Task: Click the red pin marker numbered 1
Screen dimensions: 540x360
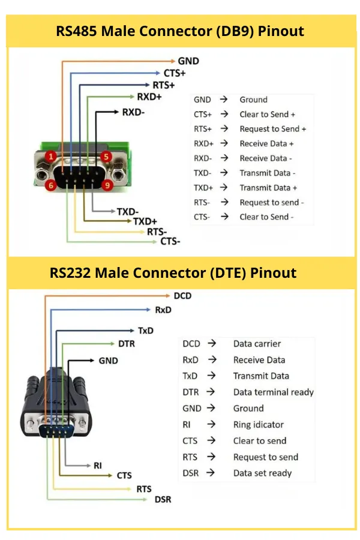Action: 52,157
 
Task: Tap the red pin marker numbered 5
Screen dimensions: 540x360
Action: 106,157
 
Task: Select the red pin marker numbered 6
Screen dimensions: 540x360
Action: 52,186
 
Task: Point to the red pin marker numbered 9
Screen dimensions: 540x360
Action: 107,186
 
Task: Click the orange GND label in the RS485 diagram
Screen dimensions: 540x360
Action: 188,61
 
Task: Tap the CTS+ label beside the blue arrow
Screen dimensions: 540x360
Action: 175,73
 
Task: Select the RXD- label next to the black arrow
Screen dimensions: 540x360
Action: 133,112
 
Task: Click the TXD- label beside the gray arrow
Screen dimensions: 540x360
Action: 128,212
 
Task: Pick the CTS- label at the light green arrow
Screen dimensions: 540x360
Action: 170,241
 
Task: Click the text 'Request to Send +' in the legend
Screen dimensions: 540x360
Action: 272,129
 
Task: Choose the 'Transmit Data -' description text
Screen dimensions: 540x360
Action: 268,173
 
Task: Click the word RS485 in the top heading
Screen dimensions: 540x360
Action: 77,31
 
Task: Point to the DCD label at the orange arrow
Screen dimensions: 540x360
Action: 182,296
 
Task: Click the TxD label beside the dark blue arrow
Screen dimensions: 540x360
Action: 146,331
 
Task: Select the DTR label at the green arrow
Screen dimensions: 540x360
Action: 127,344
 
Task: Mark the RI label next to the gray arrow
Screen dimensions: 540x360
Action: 98,465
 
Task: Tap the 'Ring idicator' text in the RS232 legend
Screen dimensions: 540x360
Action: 258,424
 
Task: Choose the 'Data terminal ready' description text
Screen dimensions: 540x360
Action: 273,392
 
